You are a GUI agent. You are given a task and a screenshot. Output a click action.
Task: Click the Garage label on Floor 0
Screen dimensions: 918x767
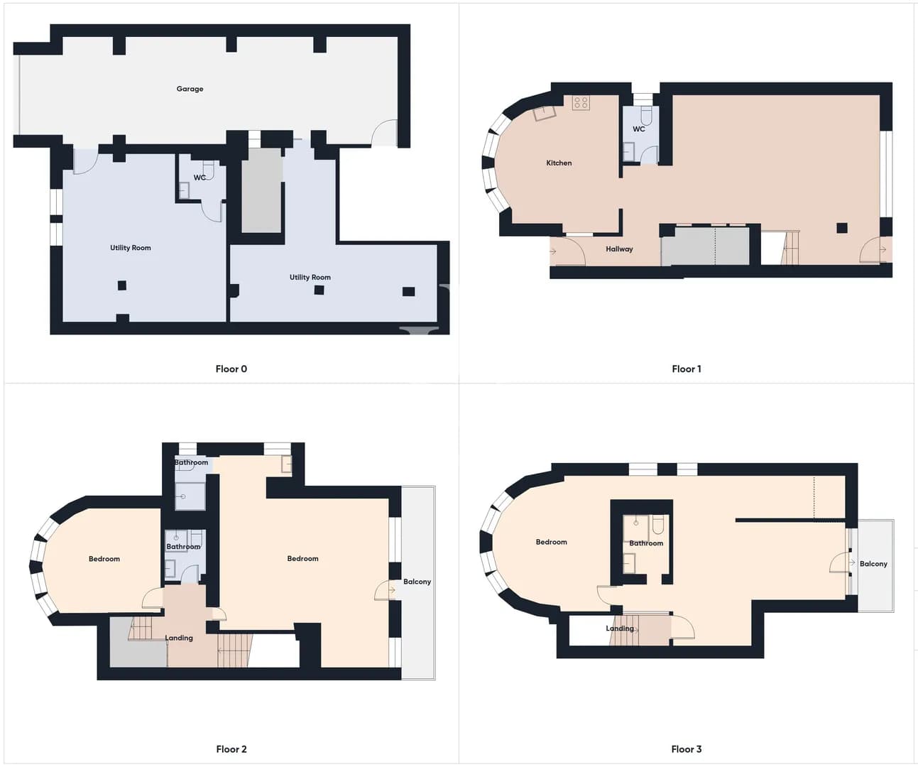190,89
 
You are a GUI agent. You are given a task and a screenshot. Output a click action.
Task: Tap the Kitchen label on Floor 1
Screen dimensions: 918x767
559,163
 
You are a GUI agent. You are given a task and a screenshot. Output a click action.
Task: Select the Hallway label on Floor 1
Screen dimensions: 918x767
619,249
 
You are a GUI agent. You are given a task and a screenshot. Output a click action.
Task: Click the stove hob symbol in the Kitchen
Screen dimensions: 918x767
581,103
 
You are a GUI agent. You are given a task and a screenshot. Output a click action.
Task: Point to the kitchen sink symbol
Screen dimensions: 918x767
545,113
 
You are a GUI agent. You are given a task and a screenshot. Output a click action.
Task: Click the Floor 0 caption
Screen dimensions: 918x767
231,369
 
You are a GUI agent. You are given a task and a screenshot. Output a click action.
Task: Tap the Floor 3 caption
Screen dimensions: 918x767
687,749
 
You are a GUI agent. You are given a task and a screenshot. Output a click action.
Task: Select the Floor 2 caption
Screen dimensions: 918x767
231,749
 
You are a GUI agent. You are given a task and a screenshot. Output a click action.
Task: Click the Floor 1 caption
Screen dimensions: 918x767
687,369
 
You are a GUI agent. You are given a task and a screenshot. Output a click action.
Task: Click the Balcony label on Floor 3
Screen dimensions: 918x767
873,564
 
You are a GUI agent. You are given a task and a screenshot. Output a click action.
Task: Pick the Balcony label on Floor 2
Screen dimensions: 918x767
417,582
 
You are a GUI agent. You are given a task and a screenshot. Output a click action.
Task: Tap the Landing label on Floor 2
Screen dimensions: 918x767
179,638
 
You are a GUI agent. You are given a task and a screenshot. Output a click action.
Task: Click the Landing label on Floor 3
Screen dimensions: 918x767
620,629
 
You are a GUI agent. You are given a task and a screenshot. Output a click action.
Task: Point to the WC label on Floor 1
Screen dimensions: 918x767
639,129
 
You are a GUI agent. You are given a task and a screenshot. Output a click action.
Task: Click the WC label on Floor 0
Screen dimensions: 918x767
200,178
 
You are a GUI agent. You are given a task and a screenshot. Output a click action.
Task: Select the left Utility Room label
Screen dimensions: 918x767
131,248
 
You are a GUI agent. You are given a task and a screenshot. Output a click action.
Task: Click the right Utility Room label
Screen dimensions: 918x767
310,277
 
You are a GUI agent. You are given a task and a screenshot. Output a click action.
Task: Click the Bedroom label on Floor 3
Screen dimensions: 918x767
552,543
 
